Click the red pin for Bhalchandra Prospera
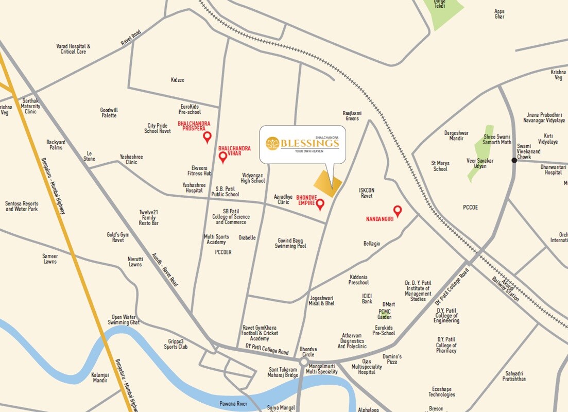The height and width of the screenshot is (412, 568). click(x=208, y=137)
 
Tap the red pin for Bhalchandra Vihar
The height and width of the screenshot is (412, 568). click(x=223, y=157)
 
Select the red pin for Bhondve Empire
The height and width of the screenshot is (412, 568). click(x=320, y=205)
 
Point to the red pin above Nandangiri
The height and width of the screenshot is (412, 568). click(x=398, y=210)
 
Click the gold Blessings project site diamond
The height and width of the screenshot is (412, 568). click(x=328, y=183)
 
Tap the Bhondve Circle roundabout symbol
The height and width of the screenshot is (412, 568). click(x=304, y=362)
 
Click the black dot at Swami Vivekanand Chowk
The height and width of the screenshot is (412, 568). click(x=514, y=161)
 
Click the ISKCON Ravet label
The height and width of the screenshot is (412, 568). click(x=367, y=193)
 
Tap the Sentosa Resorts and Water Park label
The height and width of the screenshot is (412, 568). click(x=22, y=207)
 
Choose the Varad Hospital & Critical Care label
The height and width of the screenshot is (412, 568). click(x=73, y=49)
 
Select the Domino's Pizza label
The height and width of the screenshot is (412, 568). click(x=392, y=359)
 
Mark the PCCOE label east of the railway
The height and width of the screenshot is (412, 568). click(x=470, y=208)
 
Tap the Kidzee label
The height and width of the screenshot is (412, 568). click(x=177, y=80)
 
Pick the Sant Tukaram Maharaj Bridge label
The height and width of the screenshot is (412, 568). click(x=283, y=372)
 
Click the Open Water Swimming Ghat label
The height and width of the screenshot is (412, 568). click(x=124, y=319)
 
